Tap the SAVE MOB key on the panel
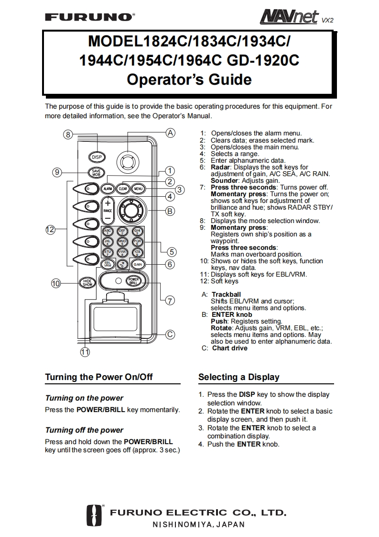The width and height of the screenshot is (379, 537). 96,173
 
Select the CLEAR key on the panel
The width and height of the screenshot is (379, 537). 123,189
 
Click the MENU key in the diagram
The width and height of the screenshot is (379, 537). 139,189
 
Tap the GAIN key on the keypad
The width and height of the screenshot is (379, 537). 138,264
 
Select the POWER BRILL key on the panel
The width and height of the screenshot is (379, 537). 133,281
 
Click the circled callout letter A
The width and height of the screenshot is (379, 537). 171,133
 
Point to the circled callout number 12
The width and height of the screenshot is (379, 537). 51,230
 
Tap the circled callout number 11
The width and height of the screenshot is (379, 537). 85,353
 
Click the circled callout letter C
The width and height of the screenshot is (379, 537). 170,335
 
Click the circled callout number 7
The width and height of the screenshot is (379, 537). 170,301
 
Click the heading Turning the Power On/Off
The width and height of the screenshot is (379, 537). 99,377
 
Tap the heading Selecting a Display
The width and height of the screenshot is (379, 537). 239,377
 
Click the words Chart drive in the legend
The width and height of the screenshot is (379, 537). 230,348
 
